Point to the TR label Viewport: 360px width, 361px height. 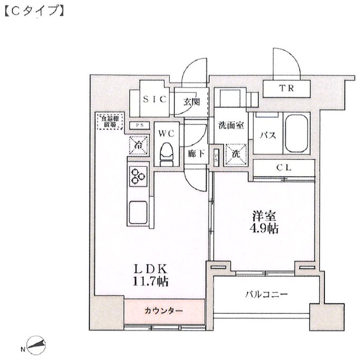coord(288,88)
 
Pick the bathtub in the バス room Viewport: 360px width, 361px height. coord(296,134)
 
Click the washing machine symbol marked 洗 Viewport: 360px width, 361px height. coord(236,153)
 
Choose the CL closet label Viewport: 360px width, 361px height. coord(283,168)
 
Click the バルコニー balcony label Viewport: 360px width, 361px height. coord(266,295)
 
